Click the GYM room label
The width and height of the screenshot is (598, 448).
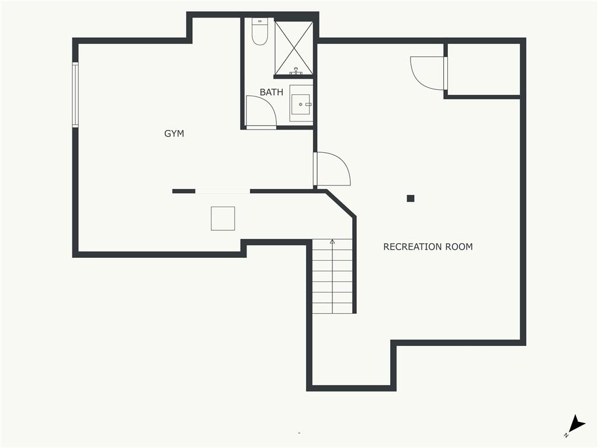point(174,134)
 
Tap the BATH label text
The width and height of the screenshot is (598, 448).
point(272,92)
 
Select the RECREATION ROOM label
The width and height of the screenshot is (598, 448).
point(428,247)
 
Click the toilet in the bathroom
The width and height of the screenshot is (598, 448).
point(260,32)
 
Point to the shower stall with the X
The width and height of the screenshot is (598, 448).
point(294,48)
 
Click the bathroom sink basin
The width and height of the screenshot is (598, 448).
point(301,103)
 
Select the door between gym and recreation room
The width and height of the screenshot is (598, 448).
point(332,169)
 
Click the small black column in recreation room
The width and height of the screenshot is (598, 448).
point(411,198)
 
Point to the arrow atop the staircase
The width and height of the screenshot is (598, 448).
point(332,242)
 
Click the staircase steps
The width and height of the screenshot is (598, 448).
point(332,276)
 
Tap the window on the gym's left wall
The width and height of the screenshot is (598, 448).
point(75,94)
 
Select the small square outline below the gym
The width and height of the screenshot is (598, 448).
point(222,218)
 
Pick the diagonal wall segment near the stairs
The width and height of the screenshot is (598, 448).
point(341,204)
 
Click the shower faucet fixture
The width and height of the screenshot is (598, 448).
point(295,71)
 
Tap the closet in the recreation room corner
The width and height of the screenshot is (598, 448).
point(484,69)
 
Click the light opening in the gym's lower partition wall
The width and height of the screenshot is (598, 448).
point(222,191)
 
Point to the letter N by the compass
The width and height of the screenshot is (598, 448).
point(566,435)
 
